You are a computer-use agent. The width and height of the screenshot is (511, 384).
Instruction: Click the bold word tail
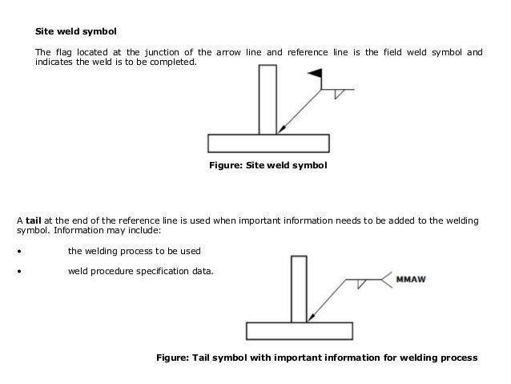point(34,218)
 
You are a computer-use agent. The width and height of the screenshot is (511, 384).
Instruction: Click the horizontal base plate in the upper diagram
point(268,143)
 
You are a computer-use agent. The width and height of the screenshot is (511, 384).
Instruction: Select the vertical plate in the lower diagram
point(299,288)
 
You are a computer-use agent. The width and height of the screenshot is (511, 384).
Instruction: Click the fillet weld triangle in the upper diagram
point(339,94)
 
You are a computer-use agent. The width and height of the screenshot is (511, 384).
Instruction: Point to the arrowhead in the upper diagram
point(280,130)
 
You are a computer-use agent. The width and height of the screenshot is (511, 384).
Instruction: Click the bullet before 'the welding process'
point(18,249)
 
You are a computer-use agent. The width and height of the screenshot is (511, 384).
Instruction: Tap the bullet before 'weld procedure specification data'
point(18,271)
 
